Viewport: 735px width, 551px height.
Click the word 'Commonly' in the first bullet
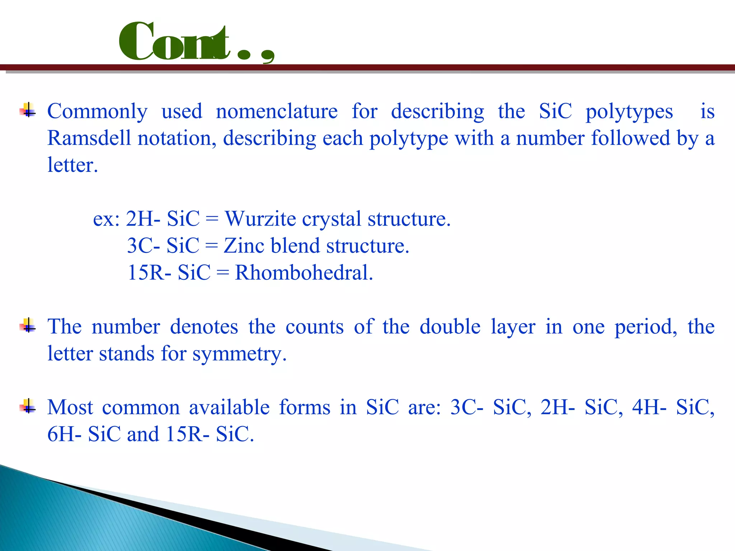click(97, 111)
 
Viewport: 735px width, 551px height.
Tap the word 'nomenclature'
click(276, 111)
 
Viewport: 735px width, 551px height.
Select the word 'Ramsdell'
click(89, 138)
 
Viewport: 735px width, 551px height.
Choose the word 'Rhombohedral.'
click(304, 273)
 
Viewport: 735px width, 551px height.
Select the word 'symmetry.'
click(239, 354)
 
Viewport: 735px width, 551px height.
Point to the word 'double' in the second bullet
click(450, 327)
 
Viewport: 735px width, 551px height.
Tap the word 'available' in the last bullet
click(229, 408)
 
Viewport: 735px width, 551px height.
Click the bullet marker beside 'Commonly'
click(28, 110)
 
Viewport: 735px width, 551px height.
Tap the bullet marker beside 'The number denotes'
click(28, 326)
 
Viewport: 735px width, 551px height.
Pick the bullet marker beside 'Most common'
click(28, 406)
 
